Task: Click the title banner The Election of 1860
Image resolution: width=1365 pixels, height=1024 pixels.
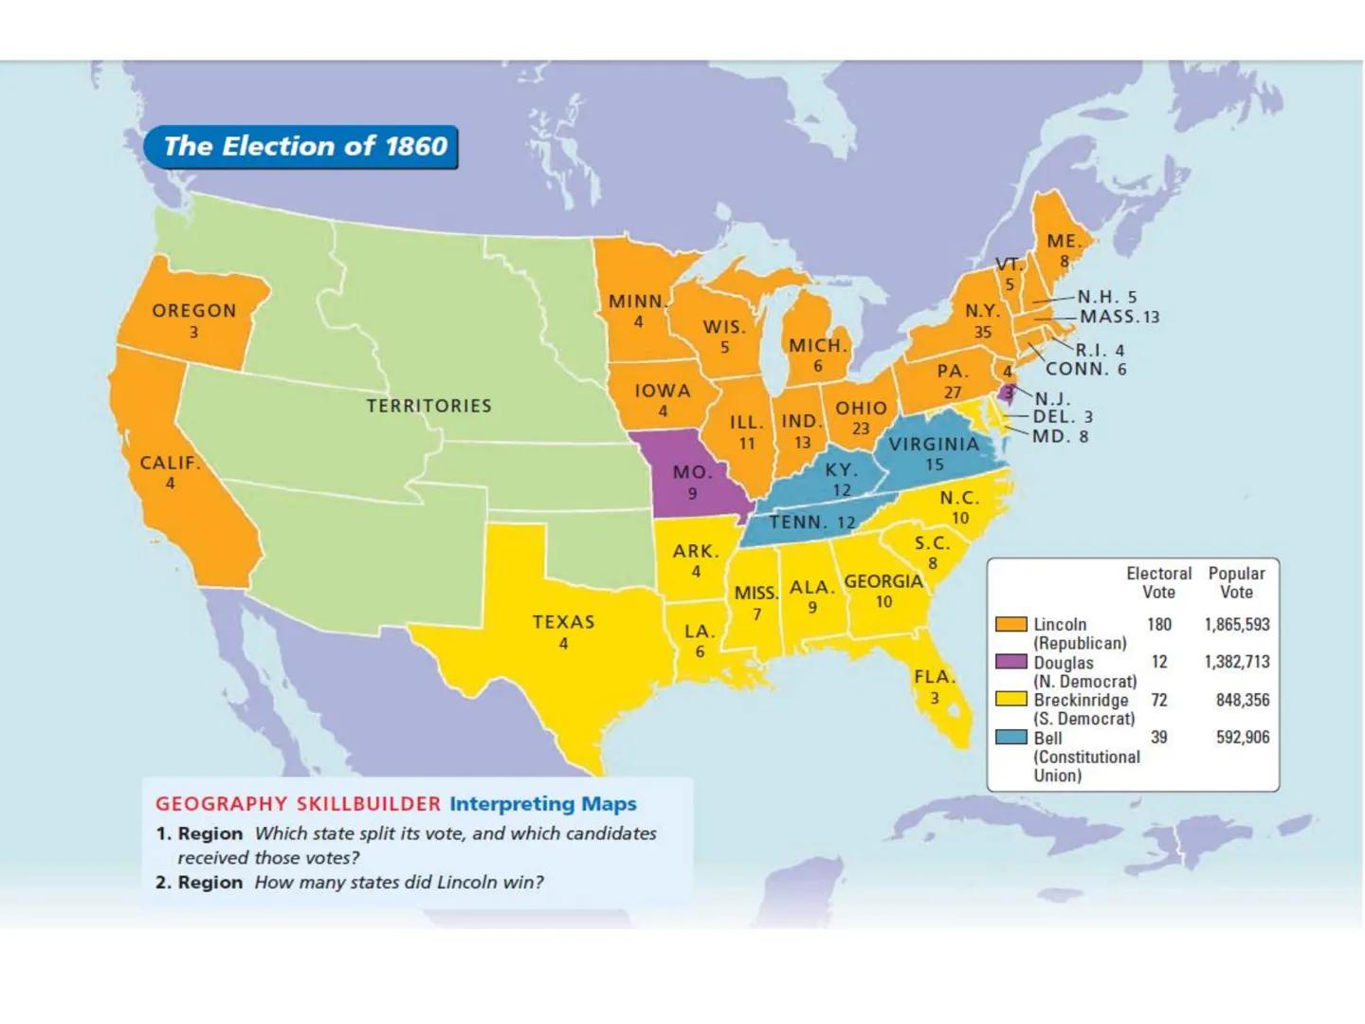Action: tap(301, 146)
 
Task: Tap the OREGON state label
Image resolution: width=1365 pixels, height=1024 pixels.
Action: tap(193, 311)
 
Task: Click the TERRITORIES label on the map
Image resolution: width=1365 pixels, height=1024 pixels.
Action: tap(429, 406)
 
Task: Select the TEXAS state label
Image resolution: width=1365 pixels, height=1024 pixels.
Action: tap(563, 622)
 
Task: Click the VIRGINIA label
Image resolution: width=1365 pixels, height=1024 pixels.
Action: tap(934, 444)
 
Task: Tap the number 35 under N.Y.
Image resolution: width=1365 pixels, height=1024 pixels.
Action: tap(983, 332)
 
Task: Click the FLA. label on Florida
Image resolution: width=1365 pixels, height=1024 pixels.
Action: tap(934, 677)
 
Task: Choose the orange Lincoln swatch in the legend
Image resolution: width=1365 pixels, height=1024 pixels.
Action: tap(1011, 624)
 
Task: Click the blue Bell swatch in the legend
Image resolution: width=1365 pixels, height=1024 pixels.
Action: tap(1011, 738)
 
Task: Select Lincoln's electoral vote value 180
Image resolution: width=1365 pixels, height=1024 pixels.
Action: tap(1158, 624)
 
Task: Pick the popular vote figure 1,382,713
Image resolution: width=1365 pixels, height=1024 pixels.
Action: tap(1236, 662)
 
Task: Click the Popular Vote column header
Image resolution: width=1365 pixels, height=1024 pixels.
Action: tap(1236, 582)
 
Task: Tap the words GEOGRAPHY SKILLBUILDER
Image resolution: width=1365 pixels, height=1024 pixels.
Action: tap(298, 804)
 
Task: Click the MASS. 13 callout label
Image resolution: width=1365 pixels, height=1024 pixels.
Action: tap(1119, 317)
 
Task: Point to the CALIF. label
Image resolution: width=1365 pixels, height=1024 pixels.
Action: tap(170, 464)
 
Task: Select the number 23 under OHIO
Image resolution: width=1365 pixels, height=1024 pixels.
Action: tap(861, 429)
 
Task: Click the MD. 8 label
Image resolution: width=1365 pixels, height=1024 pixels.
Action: tap(1060, 436)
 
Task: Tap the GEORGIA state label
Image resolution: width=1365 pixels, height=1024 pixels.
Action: tap(883, 581)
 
